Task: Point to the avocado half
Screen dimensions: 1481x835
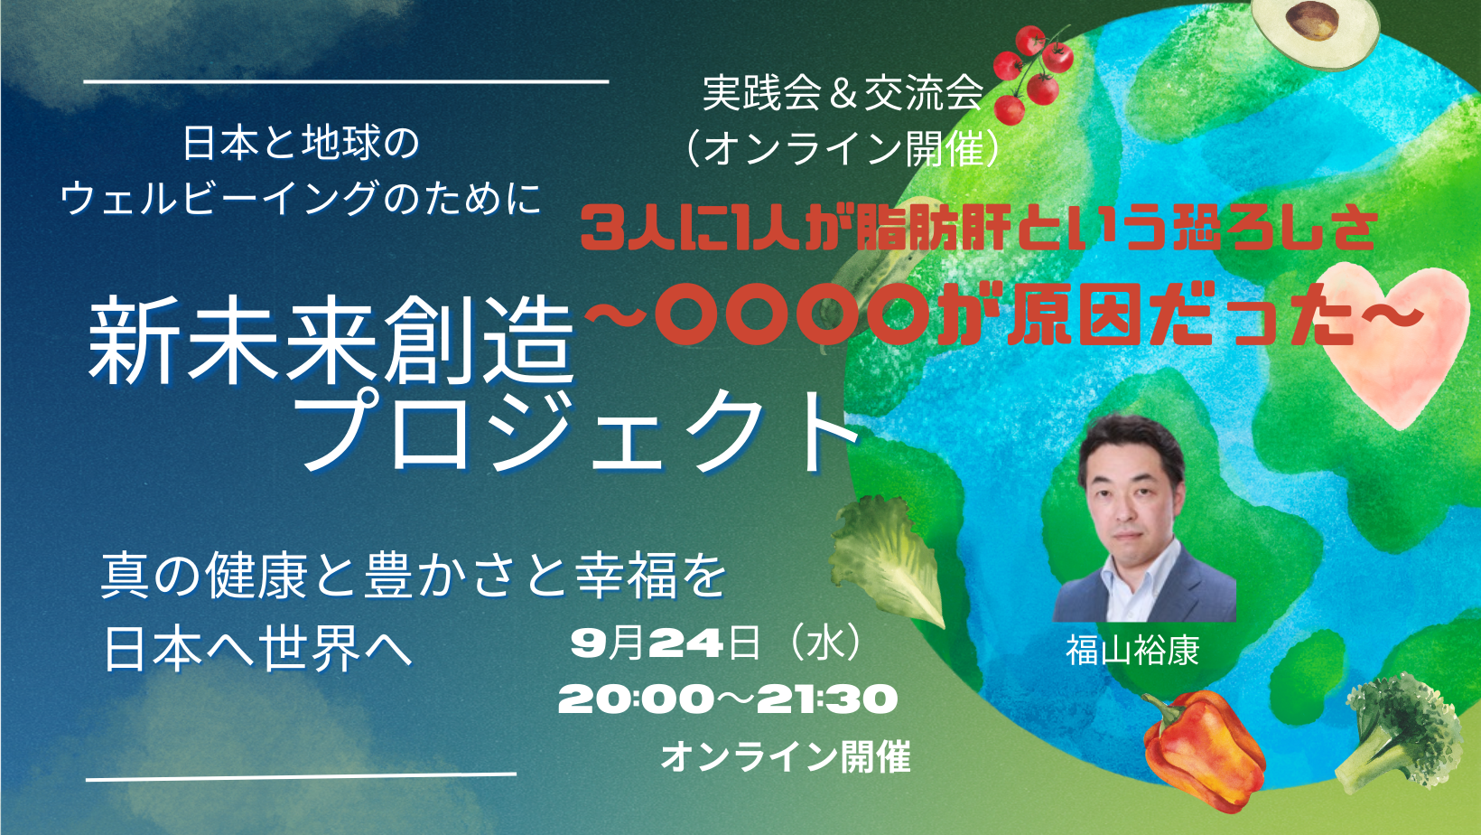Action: [1316, 30]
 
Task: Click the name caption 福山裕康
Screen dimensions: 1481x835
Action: [1132, 651]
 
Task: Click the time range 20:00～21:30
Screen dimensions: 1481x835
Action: [728, 699]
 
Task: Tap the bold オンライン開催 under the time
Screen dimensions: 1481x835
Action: [786, 756]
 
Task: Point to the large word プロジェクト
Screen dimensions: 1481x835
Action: [582, 430]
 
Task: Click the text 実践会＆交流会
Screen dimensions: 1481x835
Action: [843, 93]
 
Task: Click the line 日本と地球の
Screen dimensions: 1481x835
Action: [302, 143]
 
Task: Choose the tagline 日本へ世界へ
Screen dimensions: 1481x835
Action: [258, 649]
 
